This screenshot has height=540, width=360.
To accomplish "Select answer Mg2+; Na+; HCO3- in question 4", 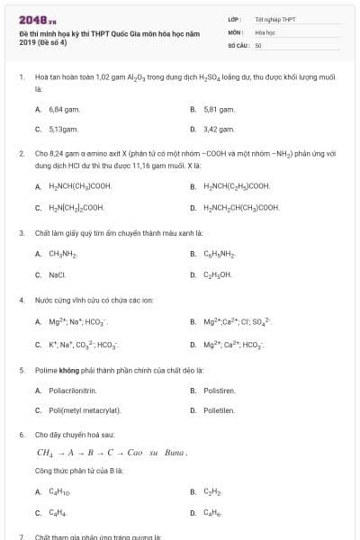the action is [77, 321].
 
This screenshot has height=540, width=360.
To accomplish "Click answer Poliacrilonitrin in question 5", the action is [72, 390].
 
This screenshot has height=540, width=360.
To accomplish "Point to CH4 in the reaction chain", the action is [45, 452].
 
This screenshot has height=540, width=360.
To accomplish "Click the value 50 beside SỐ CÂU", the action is [258, 44].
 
